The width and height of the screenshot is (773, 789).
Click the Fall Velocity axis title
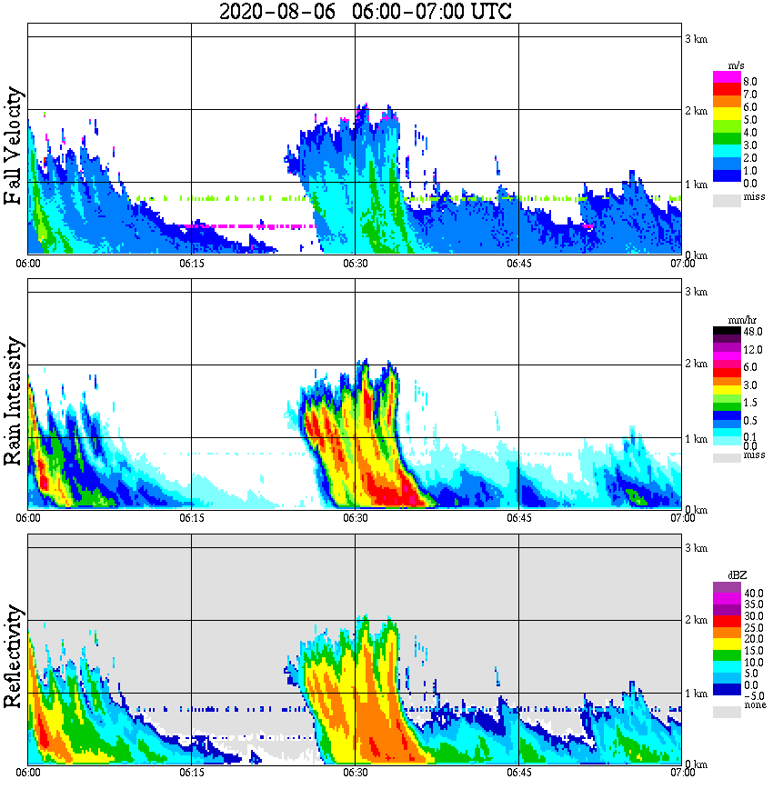pyautogui.click(x=14, y=147)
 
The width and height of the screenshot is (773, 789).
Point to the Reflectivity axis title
pyautogui.click(x=14, y=660)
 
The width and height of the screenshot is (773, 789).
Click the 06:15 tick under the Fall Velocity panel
pyautogui.click(x=191, y=264)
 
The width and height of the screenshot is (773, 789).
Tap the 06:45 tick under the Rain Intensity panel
pyautogui.click(x=518, y=518)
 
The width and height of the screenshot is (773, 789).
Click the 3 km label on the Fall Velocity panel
pyautogui.click(x=696, y=38)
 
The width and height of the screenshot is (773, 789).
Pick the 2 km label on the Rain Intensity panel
pyautogui.click(x=696, y=365)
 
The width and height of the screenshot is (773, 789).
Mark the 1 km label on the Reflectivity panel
pyautogui.click(x=696, y=694)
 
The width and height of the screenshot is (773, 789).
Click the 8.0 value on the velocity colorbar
pyautogui.click(x=750, y=82)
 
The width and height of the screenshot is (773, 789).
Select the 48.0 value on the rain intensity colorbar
pyautogui.click(x=751, y=332)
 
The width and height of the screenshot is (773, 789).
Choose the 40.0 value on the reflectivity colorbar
pyautogui.click(x=751, y=593)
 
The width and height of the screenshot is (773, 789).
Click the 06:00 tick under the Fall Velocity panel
pyautogui.click(x=28, y=264)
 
